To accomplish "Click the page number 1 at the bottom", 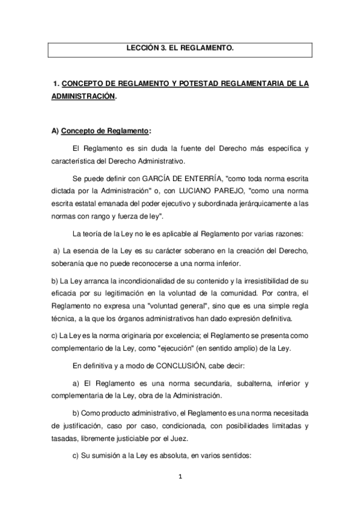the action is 180,478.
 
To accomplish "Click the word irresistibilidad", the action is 258,280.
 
